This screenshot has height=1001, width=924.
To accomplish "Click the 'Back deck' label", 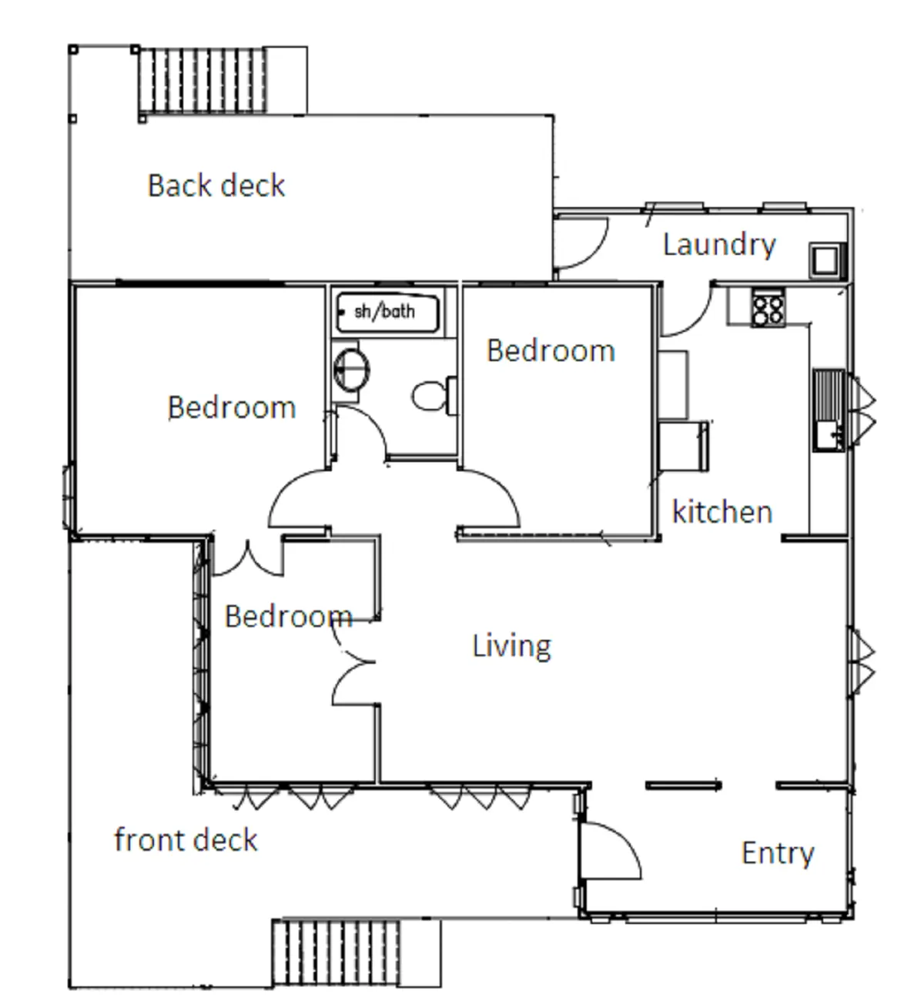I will (x=216, y=186).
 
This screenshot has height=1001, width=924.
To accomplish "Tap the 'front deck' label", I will (x=186, y=840).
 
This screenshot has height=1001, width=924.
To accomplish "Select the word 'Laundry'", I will (x=719, y=245).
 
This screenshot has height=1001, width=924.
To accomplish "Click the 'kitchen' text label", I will (x=721, y=512).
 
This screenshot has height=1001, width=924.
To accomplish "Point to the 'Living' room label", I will (x=511, y=646).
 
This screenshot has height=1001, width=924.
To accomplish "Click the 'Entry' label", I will (x=777, y=853).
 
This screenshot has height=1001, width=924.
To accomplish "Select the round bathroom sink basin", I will (x=351, y=369).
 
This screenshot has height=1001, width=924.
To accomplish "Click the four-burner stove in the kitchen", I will (x=768, y=308).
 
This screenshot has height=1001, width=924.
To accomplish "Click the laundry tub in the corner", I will (x=827, y=260).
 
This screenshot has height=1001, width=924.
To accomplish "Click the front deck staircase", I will (x=337, y=952).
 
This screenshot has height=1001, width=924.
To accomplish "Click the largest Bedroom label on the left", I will (x=231, y=407).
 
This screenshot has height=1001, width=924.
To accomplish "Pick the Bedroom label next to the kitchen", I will (x=551, y=351).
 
